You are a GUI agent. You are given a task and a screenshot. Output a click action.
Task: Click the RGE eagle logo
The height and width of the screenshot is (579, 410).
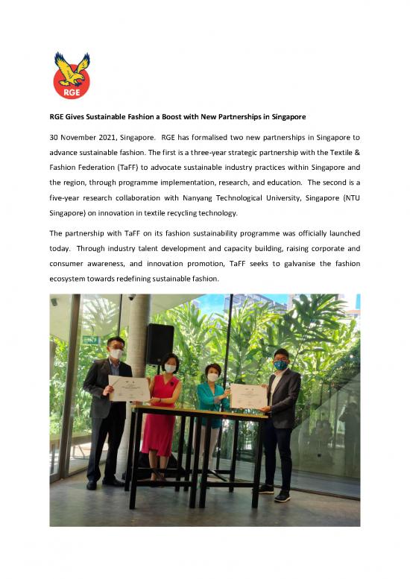click(72, 75)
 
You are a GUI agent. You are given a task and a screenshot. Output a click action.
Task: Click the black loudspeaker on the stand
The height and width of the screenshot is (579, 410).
click(160, 344)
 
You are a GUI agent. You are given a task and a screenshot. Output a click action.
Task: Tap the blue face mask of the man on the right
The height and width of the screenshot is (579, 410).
click(280, 364)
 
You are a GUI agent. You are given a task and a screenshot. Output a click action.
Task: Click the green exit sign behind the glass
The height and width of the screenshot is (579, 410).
click(90, 340)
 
